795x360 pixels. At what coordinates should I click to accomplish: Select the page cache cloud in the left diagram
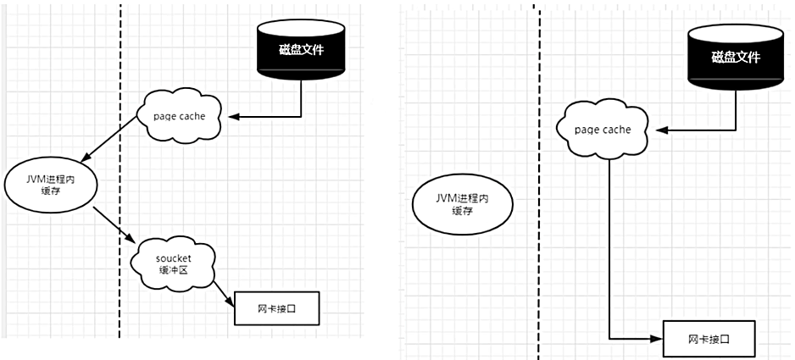[180, 115]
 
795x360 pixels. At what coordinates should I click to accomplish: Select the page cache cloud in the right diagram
[603, 130]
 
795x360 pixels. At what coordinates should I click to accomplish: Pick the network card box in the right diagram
[709, 339]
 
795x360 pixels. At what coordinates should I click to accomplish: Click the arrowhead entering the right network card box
[656, 339]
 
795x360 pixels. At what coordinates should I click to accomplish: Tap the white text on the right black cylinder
[734, 58]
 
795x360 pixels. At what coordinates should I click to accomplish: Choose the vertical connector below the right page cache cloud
[610, 254]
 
